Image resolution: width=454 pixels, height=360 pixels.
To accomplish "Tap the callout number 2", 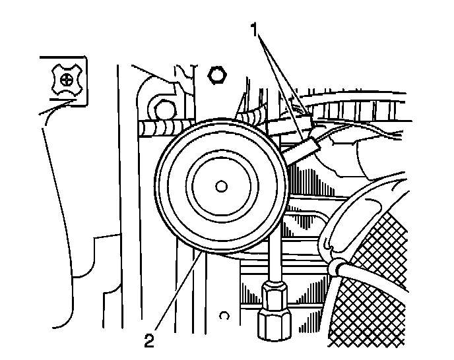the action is [x=150, y=341].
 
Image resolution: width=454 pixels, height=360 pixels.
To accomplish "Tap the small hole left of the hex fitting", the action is [x=224, y=314].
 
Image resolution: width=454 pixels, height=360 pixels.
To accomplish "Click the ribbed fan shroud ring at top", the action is [x=370, y=109].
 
